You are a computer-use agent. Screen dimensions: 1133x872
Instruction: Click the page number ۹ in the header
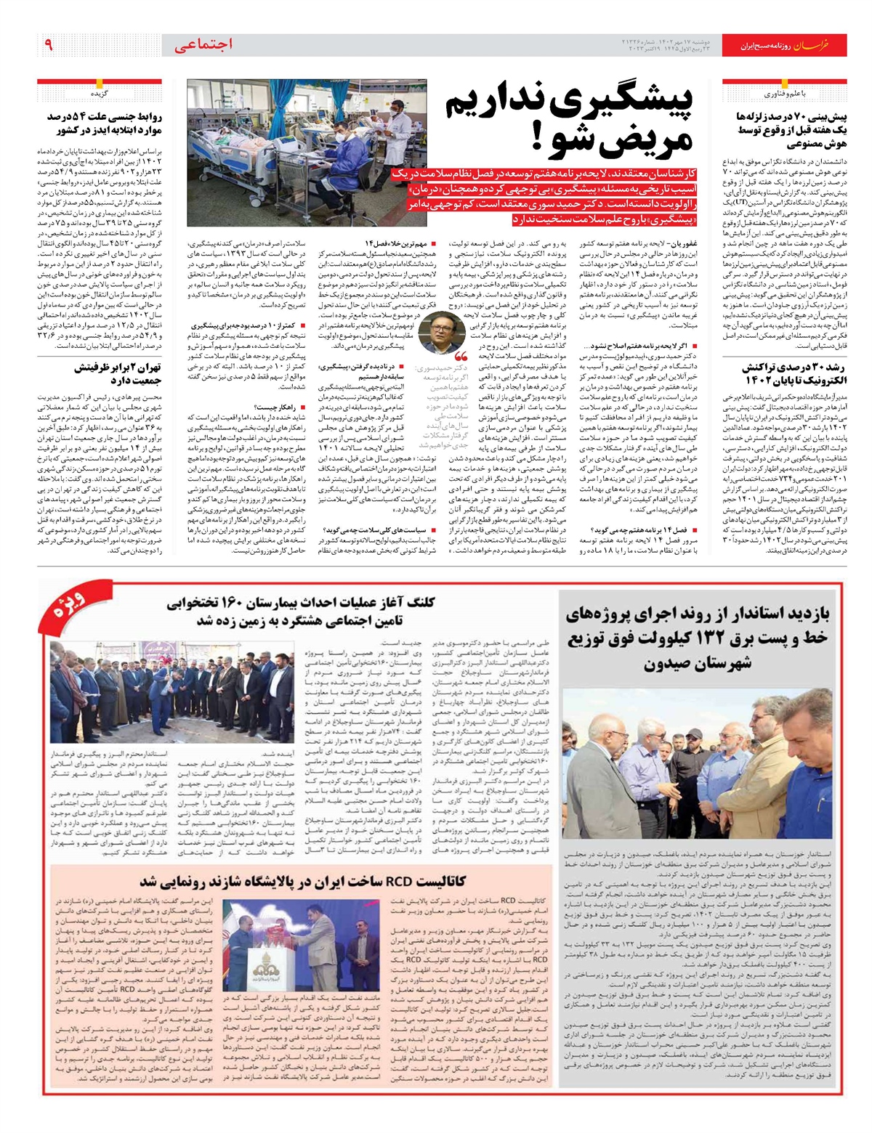[49, 45]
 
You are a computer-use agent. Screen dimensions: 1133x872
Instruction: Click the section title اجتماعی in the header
[204, 45]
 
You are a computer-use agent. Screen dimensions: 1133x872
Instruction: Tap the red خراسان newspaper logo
[820, 46]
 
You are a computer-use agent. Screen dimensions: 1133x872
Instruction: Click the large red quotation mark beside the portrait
[461, 358]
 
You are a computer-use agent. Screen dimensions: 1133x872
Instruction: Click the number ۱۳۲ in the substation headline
[693, 639]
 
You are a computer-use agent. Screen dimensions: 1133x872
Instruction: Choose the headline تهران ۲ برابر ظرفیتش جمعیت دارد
[118, 373]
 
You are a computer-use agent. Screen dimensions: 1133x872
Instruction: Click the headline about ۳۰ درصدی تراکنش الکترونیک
[785, 374]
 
